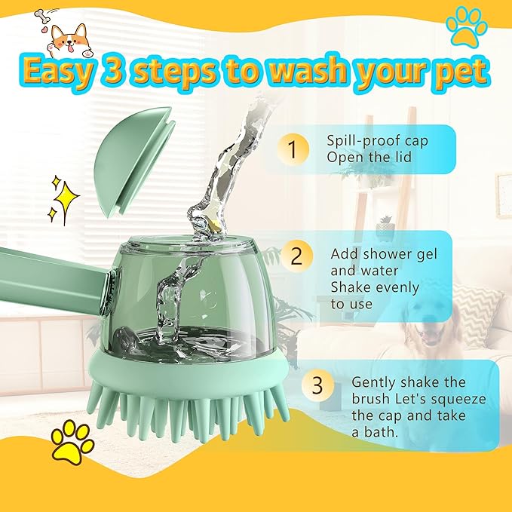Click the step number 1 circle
pos(294,149)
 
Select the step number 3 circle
pos(317,385)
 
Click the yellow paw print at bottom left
pos(72,443)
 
